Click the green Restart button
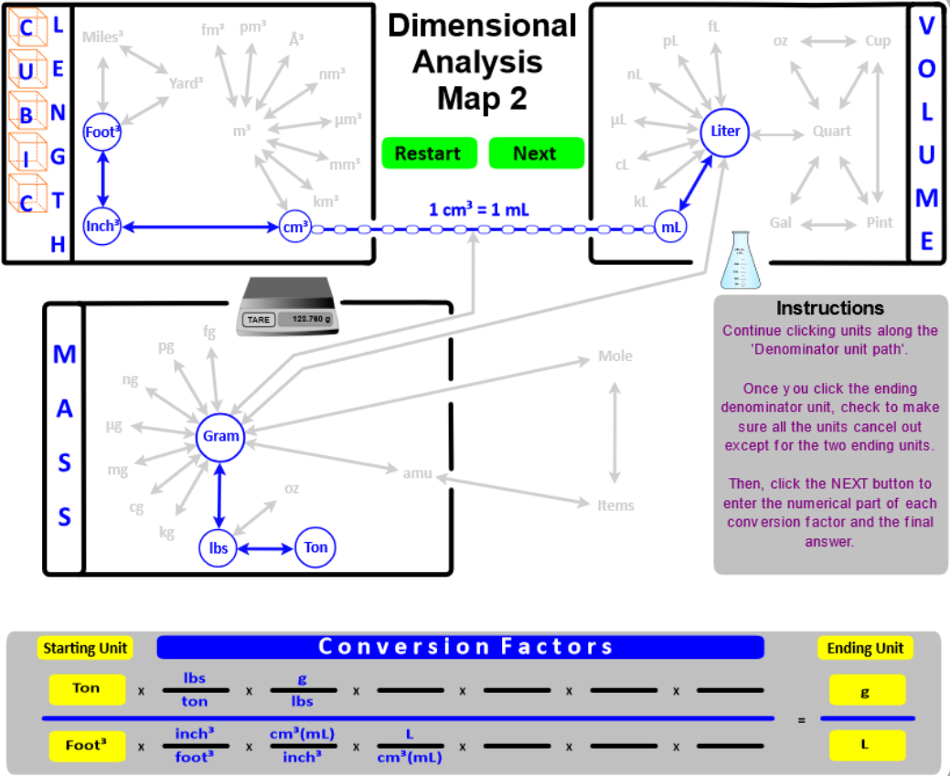click(x=428, y=154)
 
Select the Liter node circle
click(x=725, y=132)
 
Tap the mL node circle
click(x=671, y=227)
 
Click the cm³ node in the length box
click(x=295, y=227)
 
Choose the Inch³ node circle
click(x=101, y=226)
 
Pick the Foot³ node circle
click(x=101, y=132)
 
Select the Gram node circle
click(x=220, y=436)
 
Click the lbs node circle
click(x=218, y=548)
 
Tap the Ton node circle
click(x=315, y=548)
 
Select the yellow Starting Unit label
click(x=85, y=648)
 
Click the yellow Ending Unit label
click(x=865, y=648)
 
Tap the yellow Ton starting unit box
click(x=87, y=689)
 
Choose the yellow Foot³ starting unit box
click(x=87, y=745)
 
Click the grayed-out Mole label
click(x=614, y=356)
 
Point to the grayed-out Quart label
click(x=831, y=132)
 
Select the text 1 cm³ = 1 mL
click(x=478, y=209)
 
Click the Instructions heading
click(x=829, y=308)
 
